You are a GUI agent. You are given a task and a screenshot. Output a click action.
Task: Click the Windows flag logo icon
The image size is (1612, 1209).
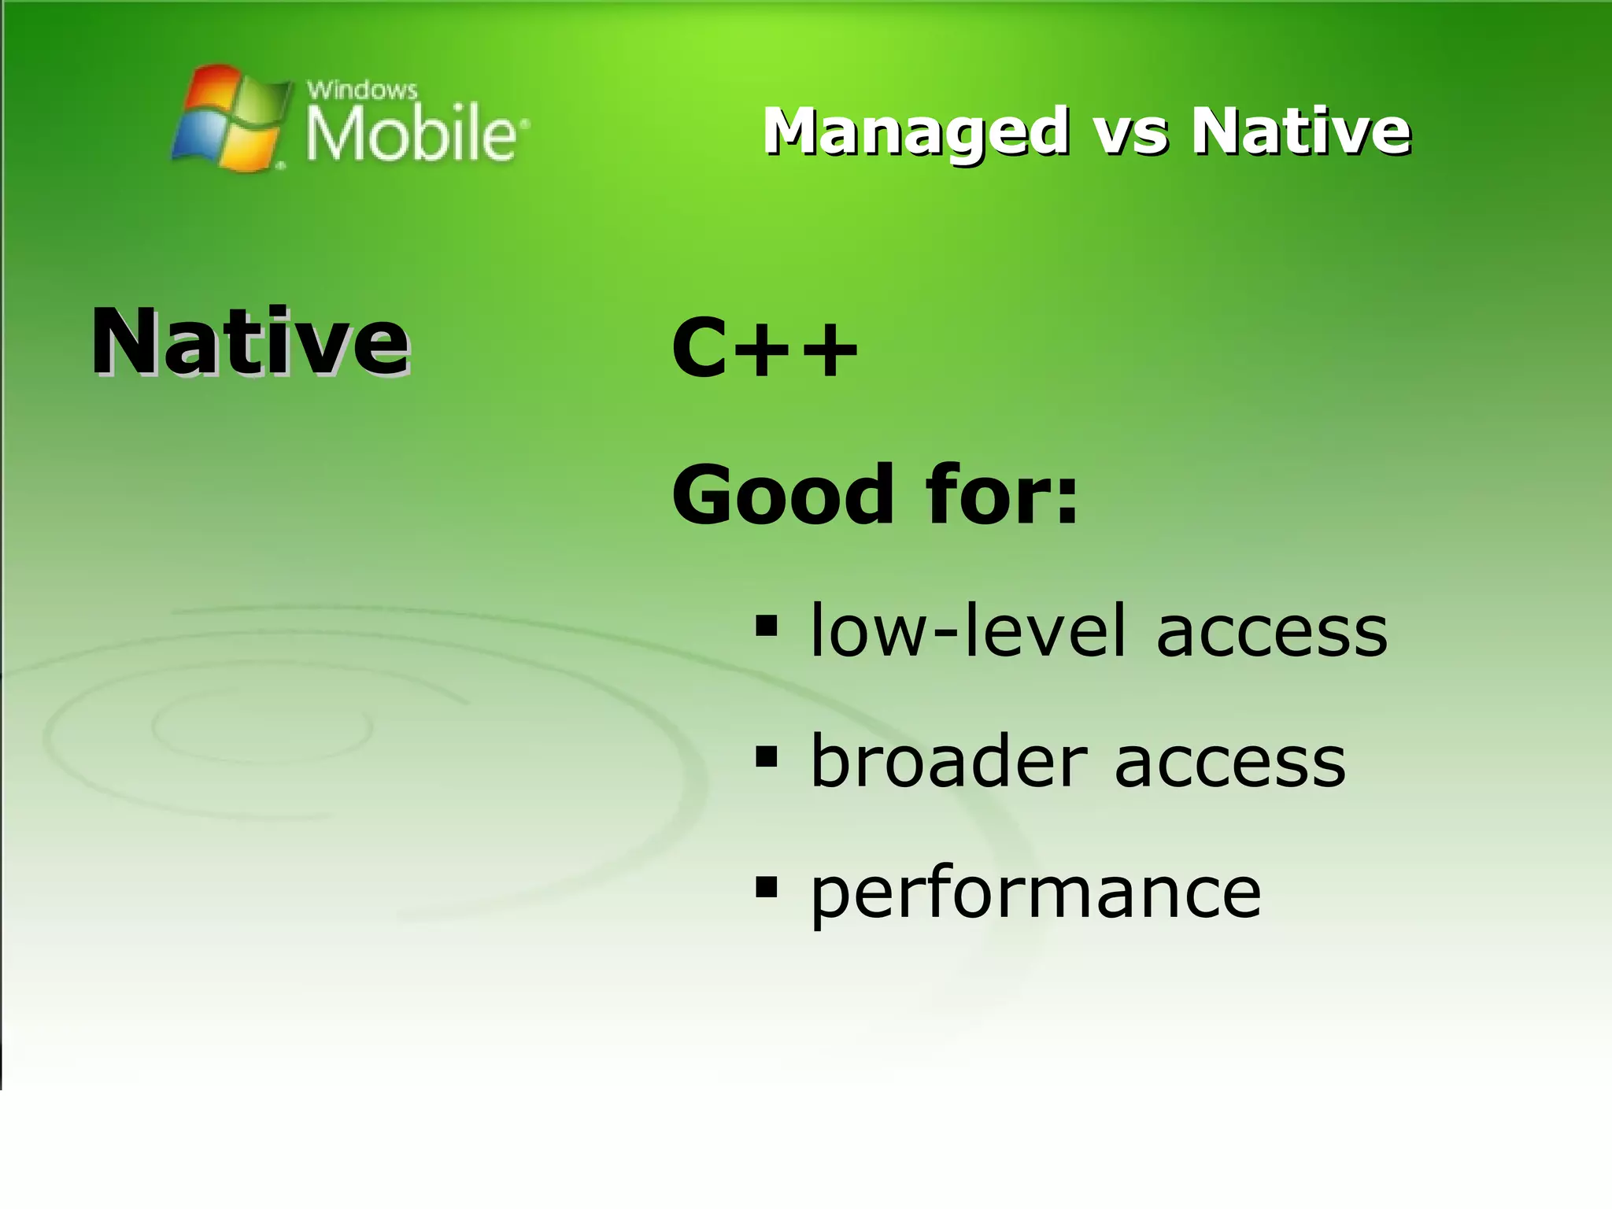229,117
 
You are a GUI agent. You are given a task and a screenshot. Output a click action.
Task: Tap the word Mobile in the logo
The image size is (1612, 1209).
410,135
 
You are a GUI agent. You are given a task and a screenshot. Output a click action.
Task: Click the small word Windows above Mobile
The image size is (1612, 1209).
361,90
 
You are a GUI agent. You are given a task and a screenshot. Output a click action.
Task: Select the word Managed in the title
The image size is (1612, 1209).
915,131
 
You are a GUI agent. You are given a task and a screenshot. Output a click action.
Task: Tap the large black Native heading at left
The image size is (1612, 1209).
250,342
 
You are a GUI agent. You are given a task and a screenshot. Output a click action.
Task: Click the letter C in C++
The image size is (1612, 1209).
700,349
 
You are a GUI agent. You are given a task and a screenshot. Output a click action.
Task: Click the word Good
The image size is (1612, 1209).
783,495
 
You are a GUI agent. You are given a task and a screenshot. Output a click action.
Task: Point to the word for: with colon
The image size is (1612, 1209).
1002,495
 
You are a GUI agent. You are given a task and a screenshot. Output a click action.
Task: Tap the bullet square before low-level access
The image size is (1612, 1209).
765,627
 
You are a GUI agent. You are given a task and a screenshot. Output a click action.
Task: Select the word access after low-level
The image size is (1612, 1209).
1271,634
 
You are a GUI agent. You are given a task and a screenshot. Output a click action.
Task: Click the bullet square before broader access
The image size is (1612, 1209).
765,757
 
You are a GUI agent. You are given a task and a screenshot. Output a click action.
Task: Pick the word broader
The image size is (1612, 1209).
948,761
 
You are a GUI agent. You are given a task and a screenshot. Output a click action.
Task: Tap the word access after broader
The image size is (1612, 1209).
1230,763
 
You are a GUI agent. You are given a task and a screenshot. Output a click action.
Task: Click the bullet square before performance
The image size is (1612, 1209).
765,888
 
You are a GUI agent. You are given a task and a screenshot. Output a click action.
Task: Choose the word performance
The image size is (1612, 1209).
1035,895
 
